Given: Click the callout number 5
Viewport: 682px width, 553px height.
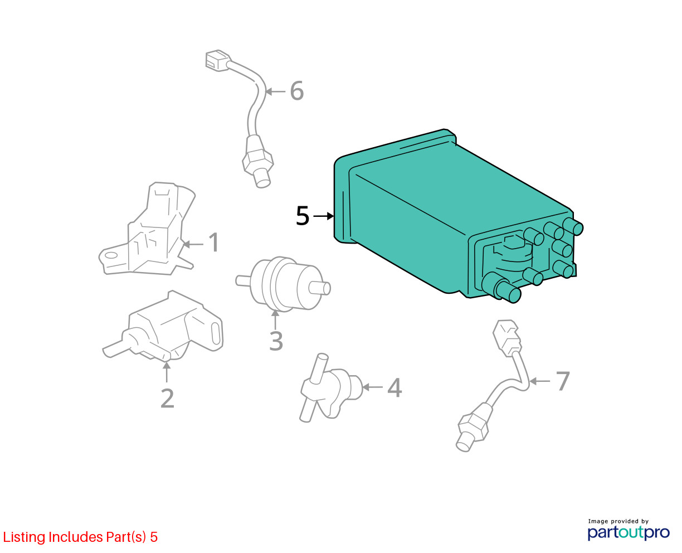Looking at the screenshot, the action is click(302, 216).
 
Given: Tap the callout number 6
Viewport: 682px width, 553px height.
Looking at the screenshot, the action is click(296, 91).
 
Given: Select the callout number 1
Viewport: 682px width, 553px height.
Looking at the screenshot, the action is click(214, 242).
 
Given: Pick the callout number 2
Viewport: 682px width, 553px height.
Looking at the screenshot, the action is click(167, 398).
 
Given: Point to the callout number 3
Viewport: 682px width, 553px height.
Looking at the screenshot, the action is click(276, 341).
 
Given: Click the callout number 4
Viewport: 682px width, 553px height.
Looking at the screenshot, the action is click(394, 387).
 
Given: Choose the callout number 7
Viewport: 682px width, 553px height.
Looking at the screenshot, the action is click(563, 381).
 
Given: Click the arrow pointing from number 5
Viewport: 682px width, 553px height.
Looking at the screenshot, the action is click(323, 216).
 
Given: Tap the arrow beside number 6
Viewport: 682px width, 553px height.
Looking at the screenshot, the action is click(275, 91).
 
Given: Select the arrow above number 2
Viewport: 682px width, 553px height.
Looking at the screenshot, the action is click(167, 371).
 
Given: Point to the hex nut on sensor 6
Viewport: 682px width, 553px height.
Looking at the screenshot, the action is click(258, 162).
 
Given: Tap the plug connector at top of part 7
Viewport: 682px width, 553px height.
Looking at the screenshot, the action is click(507, 338).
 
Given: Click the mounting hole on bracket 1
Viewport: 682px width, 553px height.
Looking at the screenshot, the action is click(111, 255).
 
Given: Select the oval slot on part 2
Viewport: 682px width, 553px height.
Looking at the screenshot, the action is click(216, 334).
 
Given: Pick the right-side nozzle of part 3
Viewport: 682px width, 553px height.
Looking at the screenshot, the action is click(320, 288).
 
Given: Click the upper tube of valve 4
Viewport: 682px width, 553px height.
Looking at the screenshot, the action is click(320, 368).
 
